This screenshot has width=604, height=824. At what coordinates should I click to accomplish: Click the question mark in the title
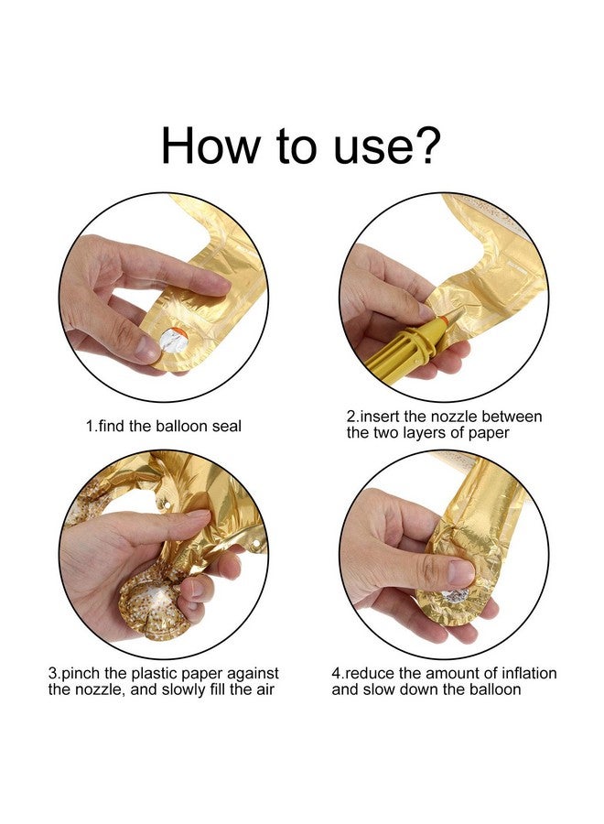pos(422,145)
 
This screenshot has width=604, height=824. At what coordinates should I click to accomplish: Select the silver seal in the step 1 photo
pos(175,339)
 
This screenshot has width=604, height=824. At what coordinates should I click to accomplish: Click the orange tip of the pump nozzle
pos(445,319)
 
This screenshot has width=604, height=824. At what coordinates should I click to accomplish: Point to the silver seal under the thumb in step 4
pos(456,595)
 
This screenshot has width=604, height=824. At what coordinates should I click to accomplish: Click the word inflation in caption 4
pos(529,673)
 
